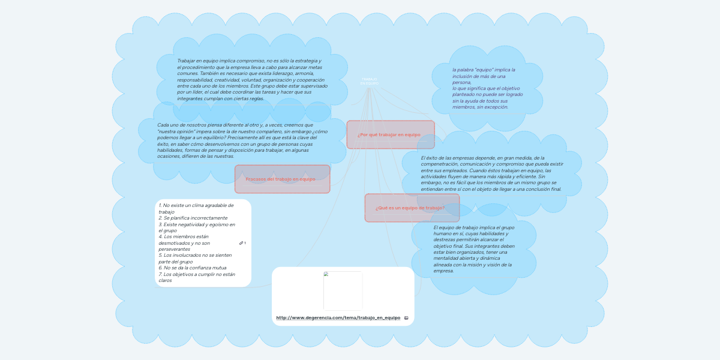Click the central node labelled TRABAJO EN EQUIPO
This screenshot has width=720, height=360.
tap(369, 80)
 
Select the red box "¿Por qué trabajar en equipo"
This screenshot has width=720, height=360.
tap(390, 134)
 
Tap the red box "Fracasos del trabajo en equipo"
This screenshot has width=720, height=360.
tap(281, 179)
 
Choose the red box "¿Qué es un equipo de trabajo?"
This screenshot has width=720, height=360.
tap(412, 208)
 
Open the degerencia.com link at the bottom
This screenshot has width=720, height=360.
tap(338, 317)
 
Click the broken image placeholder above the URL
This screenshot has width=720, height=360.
tap(343, 290)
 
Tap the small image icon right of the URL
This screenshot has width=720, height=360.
tap(406, 318)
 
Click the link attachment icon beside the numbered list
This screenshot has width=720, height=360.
tap(242, 243)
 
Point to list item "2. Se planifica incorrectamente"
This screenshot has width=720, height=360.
tap(193, 218)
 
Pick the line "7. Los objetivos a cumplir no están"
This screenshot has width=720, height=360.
tap(197, 274)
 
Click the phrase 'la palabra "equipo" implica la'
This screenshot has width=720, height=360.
tap(484, 70)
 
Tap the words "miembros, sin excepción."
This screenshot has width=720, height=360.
tap(480, 107)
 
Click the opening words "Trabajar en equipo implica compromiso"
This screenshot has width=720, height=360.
tap(220, 61)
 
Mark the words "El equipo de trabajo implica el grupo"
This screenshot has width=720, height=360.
tap(473, 227)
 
